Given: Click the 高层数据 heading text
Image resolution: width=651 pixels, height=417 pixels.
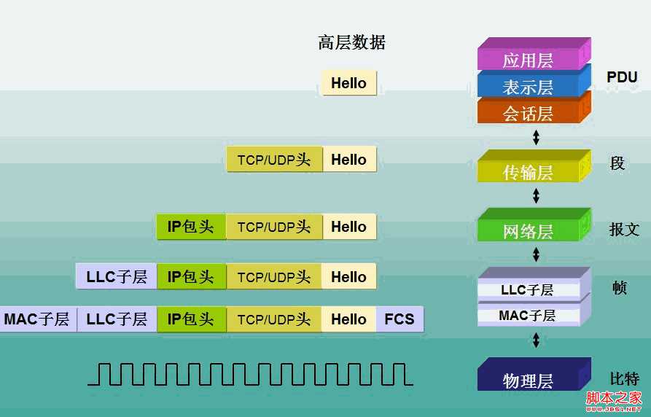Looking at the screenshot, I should [351, 42].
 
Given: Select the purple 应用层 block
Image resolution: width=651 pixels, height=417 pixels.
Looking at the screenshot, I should [528, 60].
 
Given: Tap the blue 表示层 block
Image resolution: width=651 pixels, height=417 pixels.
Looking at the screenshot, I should [528, 87].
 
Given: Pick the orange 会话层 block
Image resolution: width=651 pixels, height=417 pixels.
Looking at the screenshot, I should [528, 113].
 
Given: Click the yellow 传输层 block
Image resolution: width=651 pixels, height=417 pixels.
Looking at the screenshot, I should [528, 171].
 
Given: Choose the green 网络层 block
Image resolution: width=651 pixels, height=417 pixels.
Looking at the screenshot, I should [528, 231].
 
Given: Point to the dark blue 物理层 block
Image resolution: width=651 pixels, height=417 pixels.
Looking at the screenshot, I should [528, 380].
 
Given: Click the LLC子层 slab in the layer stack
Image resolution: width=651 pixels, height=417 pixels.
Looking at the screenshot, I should [527, 289].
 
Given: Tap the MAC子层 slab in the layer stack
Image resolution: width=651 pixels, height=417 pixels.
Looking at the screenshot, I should [527, 316].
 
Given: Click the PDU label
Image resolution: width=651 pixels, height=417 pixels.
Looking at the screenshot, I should [622, 77].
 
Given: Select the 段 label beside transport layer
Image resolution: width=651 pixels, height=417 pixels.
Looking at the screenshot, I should [617, 163].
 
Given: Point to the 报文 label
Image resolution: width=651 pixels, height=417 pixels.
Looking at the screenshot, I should [624, 230].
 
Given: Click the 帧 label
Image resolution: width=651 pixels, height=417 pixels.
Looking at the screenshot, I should [619, 287].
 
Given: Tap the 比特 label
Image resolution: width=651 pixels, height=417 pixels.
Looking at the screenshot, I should [624, 378].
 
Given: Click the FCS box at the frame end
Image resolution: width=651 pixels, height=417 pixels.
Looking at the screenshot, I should [399, 319].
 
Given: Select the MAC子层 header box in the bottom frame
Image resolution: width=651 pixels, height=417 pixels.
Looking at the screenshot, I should [36, 319].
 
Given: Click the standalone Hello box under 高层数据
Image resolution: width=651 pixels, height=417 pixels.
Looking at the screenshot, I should [348, 83].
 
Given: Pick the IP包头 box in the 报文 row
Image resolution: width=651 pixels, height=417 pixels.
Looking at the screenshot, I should [190, 227].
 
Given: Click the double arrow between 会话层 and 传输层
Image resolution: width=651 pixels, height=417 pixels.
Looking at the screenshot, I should [537, 136].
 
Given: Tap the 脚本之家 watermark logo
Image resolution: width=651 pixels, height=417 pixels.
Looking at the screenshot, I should [615, 399].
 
